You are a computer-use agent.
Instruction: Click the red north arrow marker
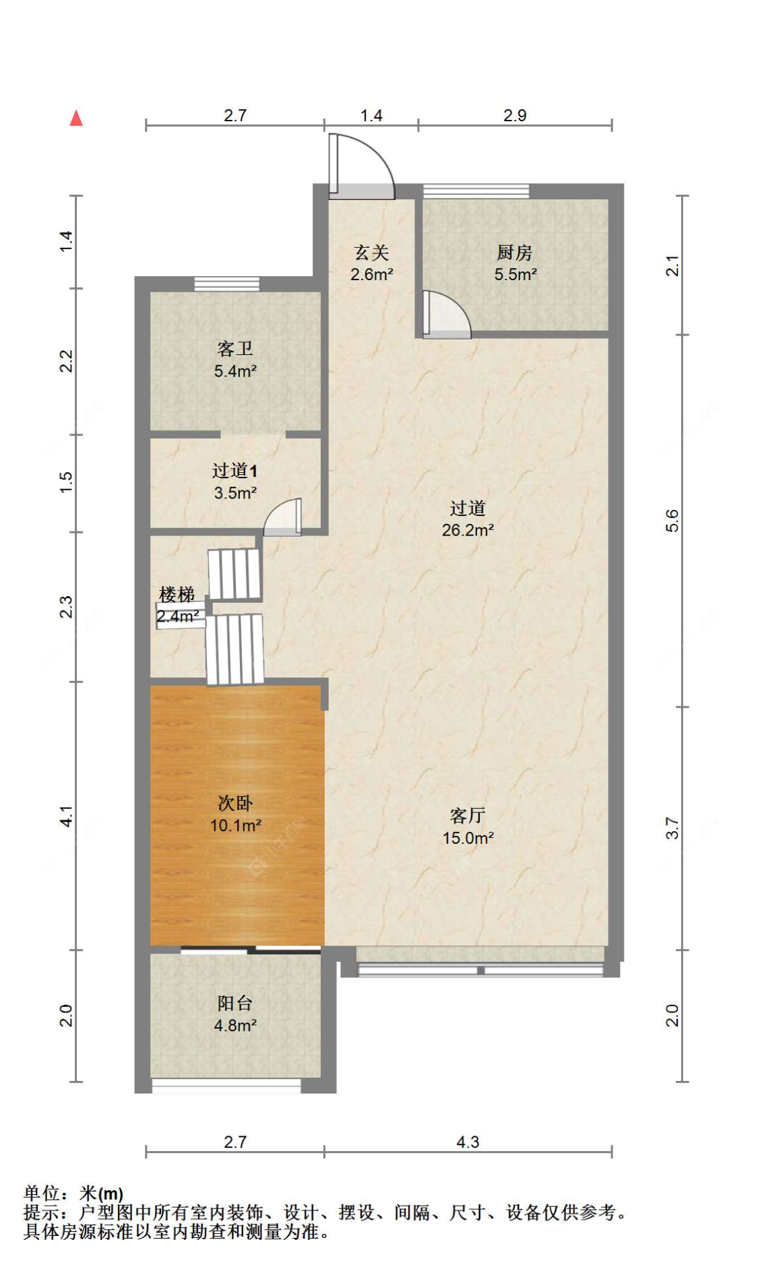(x=76, y=118)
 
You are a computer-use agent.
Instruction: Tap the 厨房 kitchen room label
(x=515, y=253)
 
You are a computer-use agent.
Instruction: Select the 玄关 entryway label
(x=371, y=253)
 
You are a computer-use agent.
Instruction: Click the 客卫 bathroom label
(x=235, y=349)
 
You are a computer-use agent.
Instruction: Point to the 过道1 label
(x=234, y=471)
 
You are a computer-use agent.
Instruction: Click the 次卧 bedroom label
(x=235, y=803)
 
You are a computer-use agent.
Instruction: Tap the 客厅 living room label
(x=468, y=816)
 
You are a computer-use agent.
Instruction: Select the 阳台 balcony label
(x=235, y=1004)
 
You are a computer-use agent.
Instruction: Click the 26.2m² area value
(x=468, y=530)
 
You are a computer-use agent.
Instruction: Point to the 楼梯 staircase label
(x=177, y=595)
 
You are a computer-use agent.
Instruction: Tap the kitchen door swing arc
(x=448, y=313)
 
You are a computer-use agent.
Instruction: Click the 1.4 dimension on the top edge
(x=371, y=116)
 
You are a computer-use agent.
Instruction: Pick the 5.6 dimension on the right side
(x=672, y=521)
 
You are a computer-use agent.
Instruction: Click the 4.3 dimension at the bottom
(x=468, y=1142)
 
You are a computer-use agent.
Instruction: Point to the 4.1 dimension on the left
(x=66, y=816)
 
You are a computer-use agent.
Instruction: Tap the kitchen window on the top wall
(x=476, y=191)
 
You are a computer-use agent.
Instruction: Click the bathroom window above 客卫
(x=227, y=284)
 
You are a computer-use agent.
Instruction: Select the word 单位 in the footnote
(x=42, y=1193)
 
